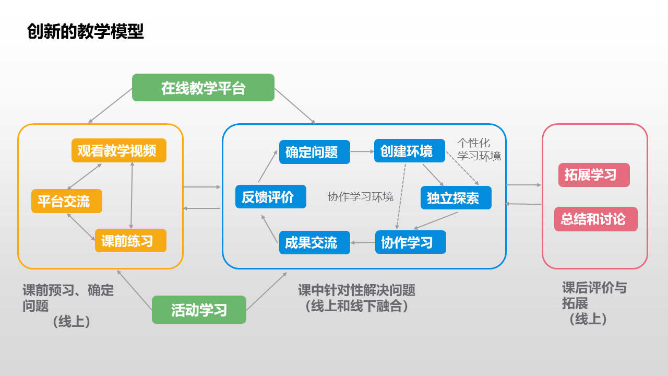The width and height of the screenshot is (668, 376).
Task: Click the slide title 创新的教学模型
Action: (85, 32)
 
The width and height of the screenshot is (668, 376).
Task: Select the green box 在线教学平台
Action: (203, 88)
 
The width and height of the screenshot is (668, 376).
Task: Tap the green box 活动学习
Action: (199, 310)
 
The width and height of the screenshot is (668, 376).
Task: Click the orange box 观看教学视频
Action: (119, 150)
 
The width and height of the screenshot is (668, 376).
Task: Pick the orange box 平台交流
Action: (66, 201)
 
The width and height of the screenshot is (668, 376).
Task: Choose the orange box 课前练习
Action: (130, 241)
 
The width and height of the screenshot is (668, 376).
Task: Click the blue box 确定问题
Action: (314, 152)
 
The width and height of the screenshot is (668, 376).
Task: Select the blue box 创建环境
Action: (409, 151)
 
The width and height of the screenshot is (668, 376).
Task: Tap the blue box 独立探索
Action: (456, 198)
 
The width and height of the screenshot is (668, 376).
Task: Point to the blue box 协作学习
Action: (410, 242)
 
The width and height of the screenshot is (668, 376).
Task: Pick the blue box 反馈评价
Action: (270, 197)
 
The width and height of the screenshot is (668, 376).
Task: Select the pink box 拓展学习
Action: (593, 175)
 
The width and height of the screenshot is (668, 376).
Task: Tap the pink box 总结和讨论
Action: (595, 219)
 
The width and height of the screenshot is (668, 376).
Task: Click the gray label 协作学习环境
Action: (361, 197)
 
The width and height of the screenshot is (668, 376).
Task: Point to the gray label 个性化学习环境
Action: (479, 149)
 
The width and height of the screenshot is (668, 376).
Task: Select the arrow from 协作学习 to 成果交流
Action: (363, 242)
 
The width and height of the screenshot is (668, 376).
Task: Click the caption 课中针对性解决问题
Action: (356, 290)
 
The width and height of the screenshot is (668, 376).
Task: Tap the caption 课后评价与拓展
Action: (594, 295)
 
